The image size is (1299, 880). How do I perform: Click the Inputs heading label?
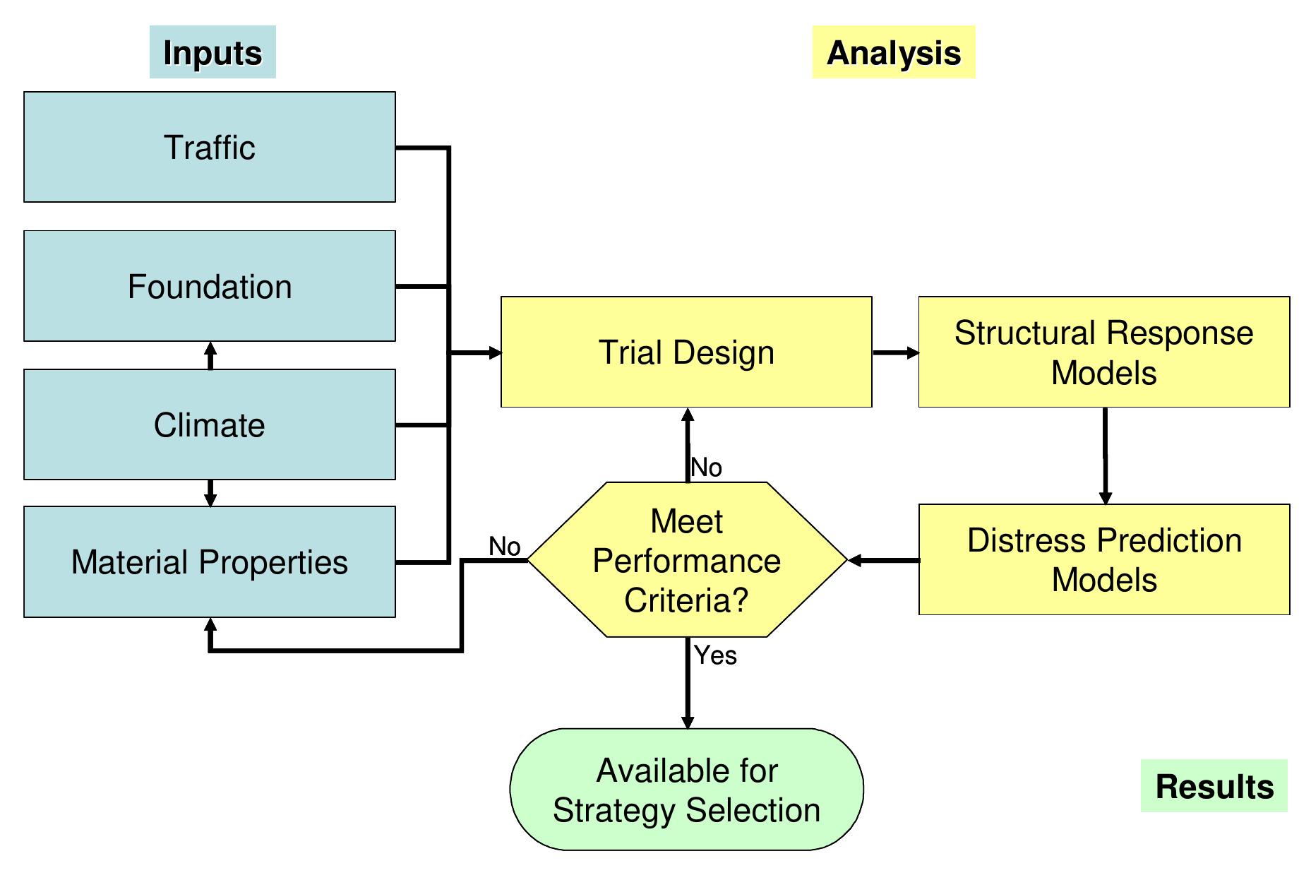pos(212,52)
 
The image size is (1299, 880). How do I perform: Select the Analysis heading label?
pos(893,52)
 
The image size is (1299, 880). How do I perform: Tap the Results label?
pos(1214,786)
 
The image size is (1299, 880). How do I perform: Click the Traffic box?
pos(210,147)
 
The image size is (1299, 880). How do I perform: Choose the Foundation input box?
pos(210,286)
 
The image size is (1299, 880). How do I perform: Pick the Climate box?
pos(210,424)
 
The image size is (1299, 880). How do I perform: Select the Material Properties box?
pos(210,562)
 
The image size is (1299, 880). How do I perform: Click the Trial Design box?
pos(686,352)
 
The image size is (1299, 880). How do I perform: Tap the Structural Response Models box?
pos(1103,352)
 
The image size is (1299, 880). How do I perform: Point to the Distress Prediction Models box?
pos(1103,559)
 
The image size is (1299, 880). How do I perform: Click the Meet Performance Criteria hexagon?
pos(686,560)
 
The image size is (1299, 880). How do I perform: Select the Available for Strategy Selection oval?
pos(686,790)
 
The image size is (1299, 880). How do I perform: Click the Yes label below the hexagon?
pos(715,655)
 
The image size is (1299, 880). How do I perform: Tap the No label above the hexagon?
pos(706,468)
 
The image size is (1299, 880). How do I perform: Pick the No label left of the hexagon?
pos(504,546)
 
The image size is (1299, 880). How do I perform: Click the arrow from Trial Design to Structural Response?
pos(895,352)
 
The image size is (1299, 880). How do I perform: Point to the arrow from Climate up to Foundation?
pos(210,355)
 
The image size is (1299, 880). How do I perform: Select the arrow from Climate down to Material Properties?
pos(210,493)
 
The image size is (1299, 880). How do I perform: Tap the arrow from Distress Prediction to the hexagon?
pos(882,561)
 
